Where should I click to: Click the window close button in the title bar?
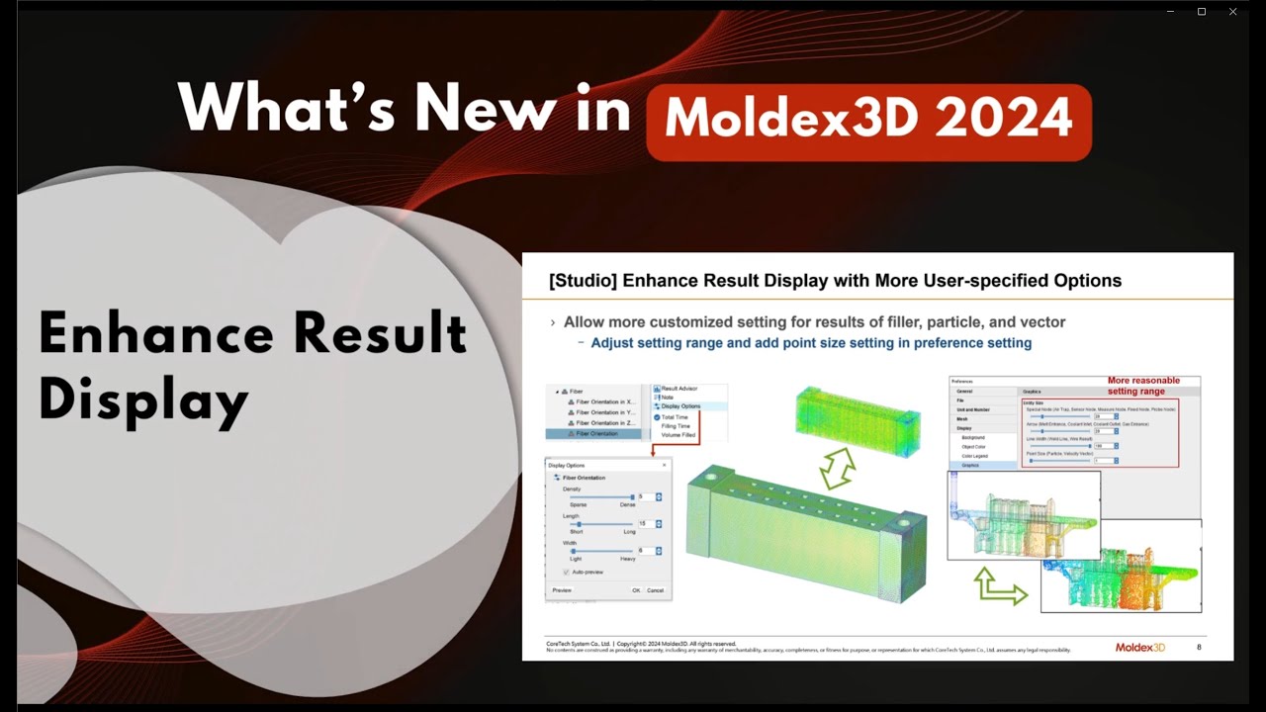(1232, 12)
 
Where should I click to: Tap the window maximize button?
(1202, 12)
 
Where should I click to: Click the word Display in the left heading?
(142, 400)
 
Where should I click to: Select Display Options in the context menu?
(680, 406)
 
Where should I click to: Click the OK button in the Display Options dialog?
(636, 590)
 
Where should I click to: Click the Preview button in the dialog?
(562, 590)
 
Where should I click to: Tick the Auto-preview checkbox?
(566, 572)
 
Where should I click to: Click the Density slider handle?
(632, 496)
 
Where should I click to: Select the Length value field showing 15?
(643, 523)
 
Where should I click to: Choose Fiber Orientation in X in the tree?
(604, 401)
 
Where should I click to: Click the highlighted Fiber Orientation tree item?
(596, 433)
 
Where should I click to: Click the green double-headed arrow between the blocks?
(838, 468)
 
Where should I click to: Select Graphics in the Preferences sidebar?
(970, 465)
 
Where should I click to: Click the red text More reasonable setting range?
(1143, 386)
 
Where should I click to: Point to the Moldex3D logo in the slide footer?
(1139, 648)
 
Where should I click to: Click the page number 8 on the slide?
(1199, 648)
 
